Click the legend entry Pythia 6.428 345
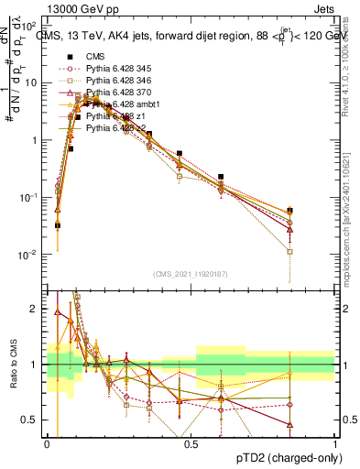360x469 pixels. pos(111,69)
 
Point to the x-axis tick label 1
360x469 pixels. pos(335,443)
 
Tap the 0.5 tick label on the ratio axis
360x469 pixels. pos(32,420)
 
